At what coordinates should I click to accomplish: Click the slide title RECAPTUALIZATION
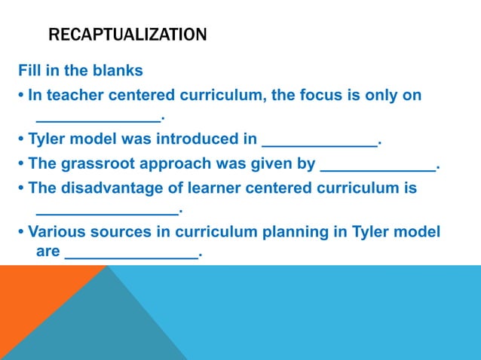(x=127, y=35)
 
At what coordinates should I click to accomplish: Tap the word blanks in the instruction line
(x=118, y=72)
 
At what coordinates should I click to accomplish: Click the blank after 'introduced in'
(x=319, y=142)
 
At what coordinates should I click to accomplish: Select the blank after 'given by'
(x=378, y=166)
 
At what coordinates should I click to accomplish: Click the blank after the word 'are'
(x=132, y=255)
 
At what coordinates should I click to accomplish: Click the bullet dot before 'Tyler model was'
(x=21, y=140)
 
